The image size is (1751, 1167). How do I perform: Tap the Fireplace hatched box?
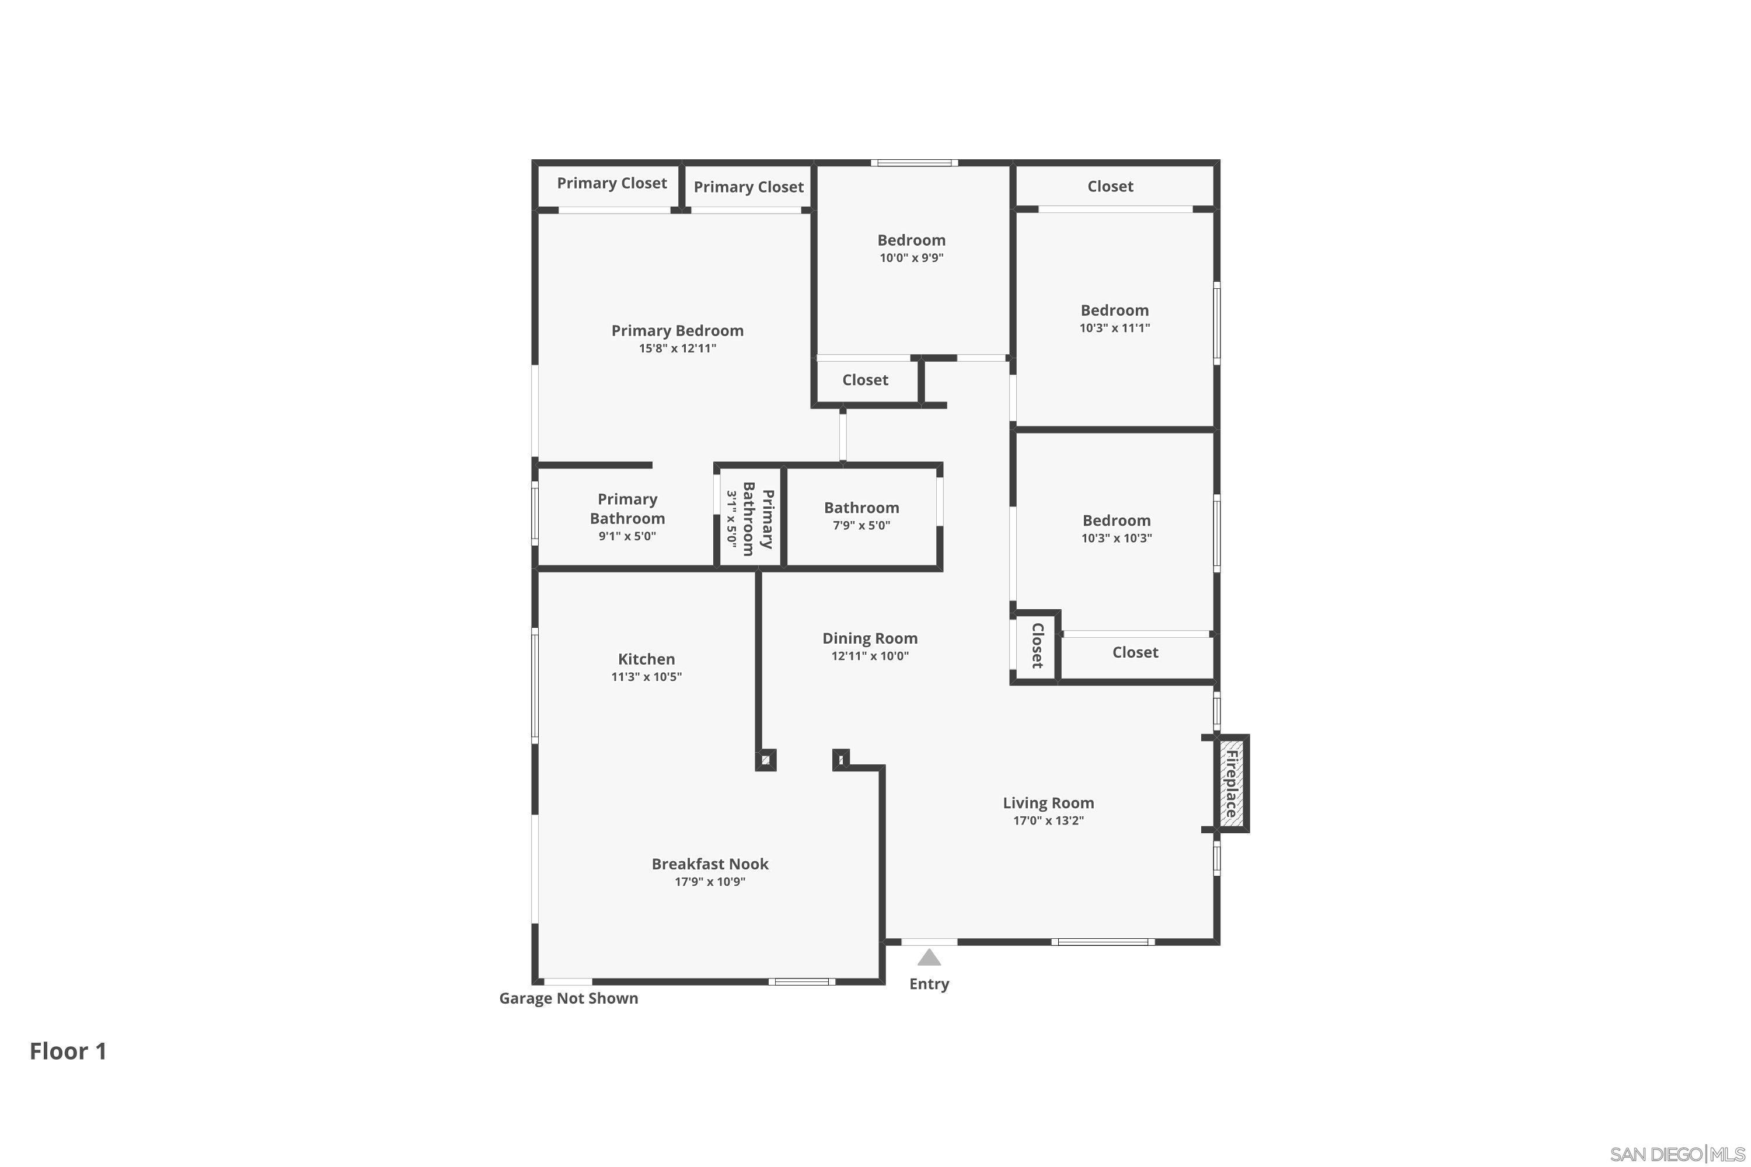[1232, 783]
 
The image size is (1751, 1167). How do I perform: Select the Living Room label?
[1048, 803]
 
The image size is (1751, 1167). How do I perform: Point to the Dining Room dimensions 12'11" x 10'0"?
[870, 656]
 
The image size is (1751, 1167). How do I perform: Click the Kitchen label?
[646, 659]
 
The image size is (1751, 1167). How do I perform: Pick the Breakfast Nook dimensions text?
[710, 882]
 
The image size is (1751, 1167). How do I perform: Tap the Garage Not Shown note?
[568, 998]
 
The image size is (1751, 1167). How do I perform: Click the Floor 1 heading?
[68, 1051]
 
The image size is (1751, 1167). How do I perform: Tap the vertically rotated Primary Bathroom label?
[758, 519]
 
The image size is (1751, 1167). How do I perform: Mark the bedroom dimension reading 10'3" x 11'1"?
[1114, 328]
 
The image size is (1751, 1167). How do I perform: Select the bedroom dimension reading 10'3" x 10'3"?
[1116, 538]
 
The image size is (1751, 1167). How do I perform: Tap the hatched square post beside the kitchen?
[765, 760]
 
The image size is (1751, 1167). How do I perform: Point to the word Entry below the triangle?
[929, 984]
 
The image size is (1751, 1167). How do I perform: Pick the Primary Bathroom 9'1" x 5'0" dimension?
[627, 536]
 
